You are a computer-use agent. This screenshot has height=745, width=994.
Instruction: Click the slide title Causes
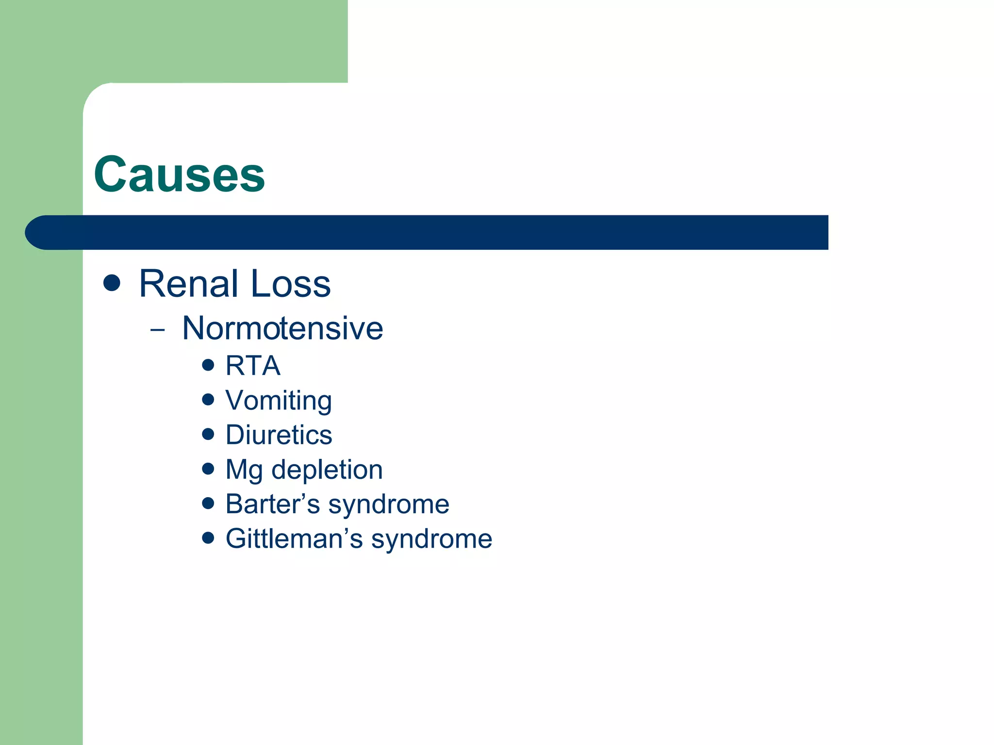click(x=180, y=175)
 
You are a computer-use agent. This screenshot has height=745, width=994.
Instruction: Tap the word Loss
click(x=291, y=284)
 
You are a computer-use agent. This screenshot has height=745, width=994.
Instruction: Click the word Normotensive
click(x=282, y=328)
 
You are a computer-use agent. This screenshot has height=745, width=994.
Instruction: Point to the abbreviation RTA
click(x=253, y=366)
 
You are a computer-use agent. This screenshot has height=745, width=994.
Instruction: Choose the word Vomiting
click(x=279, y=401)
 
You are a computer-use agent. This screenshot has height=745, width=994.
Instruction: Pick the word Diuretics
click(x=279, y=435)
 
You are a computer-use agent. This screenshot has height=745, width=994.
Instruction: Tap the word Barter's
click(x=272, y=504)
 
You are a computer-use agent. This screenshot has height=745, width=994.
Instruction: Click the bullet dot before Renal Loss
click(x=112, y=283)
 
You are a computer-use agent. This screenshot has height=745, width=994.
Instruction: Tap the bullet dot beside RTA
click(x=208, y=365)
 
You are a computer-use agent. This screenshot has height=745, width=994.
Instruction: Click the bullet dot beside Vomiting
click(x=208, y=399)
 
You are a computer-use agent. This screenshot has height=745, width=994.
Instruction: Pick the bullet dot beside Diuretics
click(x=208, y=434)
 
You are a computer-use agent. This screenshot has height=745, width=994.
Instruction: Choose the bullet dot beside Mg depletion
click(x=208, y=469)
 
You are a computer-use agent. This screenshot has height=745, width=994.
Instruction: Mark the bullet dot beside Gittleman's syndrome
click(x=208, y=538)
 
